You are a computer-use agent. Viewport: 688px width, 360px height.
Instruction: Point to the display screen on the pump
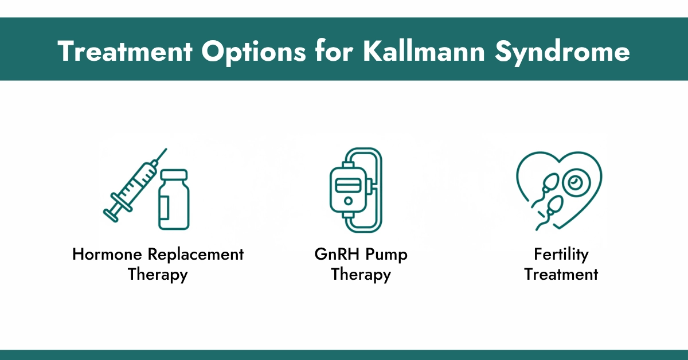point(345,187)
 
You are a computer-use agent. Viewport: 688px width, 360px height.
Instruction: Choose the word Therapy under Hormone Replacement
point(158,274)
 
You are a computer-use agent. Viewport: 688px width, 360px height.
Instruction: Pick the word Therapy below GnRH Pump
point(361,274)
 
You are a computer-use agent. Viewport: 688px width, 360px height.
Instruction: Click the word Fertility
point(561,255)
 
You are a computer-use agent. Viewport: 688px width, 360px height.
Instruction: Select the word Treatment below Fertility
point(561,274)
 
